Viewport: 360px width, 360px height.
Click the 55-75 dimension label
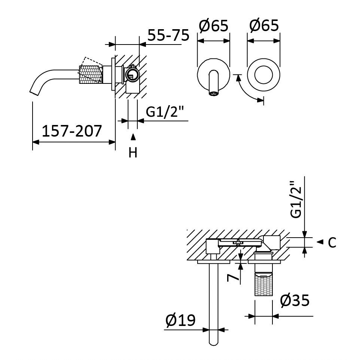(x=168, y=35)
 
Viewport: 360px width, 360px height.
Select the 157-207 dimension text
(x=71, y=131)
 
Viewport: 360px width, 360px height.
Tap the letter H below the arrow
(x=133, y=152)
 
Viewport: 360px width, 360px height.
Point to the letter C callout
(x=332, y=242)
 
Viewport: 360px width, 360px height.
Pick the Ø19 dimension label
(x=180, y=320)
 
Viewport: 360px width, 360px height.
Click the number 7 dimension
(x=232, y=278)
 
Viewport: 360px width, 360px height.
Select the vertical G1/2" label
(x=295, y=200)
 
